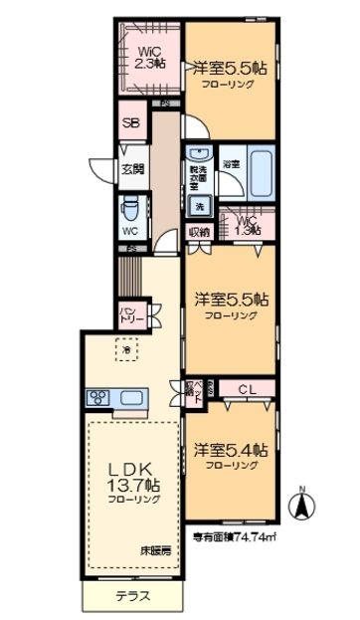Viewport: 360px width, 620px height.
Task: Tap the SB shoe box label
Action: [130, 124]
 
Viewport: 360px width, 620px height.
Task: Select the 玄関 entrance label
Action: [129, 169]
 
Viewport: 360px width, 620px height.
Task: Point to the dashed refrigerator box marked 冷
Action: [126, 348]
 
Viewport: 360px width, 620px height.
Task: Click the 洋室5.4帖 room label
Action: [230, 451]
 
